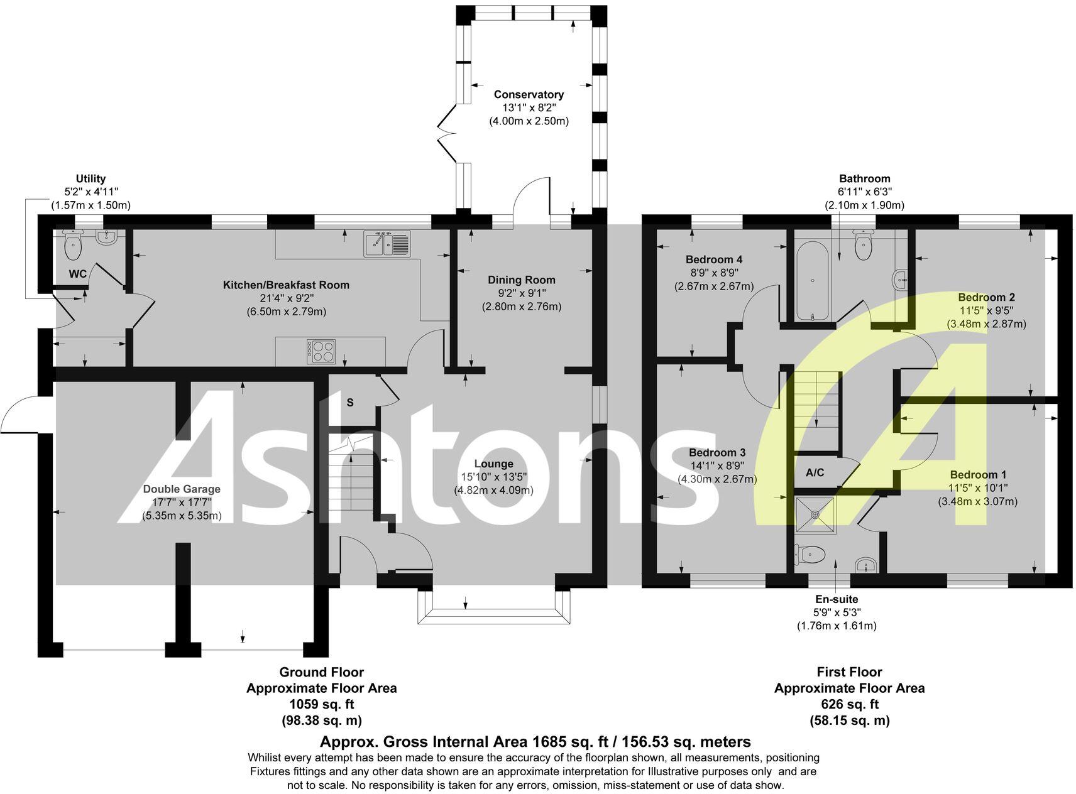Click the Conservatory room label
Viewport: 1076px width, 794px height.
click(528, 94)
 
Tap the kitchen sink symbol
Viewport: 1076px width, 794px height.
click(387, 244)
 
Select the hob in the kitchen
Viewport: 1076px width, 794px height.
click(321, 351)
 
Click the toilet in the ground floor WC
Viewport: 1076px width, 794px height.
click(74, 246)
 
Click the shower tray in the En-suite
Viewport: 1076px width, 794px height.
click(815, 514)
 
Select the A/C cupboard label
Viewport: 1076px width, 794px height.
click(815, 472)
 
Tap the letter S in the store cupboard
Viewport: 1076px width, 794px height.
click(350, 403)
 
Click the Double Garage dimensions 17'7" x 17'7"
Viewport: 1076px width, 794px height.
click(182, 503)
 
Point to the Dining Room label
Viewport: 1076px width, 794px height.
click(522, 280)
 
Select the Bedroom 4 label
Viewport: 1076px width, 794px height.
click(713, 259)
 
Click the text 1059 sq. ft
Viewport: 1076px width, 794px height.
click(321, 704)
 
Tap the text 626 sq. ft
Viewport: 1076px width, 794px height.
click(849, 704)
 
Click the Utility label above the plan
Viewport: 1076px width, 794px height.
click(91, 178)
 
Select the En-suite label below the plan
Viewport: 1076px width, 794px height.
click(837, 599)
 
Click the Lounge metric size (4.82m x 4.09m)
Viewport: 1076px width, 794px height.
click(493, 490)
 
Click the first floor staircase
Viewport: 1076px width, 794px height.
click(818, 402)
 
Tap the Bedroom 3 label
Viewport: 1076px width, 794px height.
click(716, 452)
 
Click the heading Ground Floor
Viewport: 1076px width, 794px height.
click(321, 672)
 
